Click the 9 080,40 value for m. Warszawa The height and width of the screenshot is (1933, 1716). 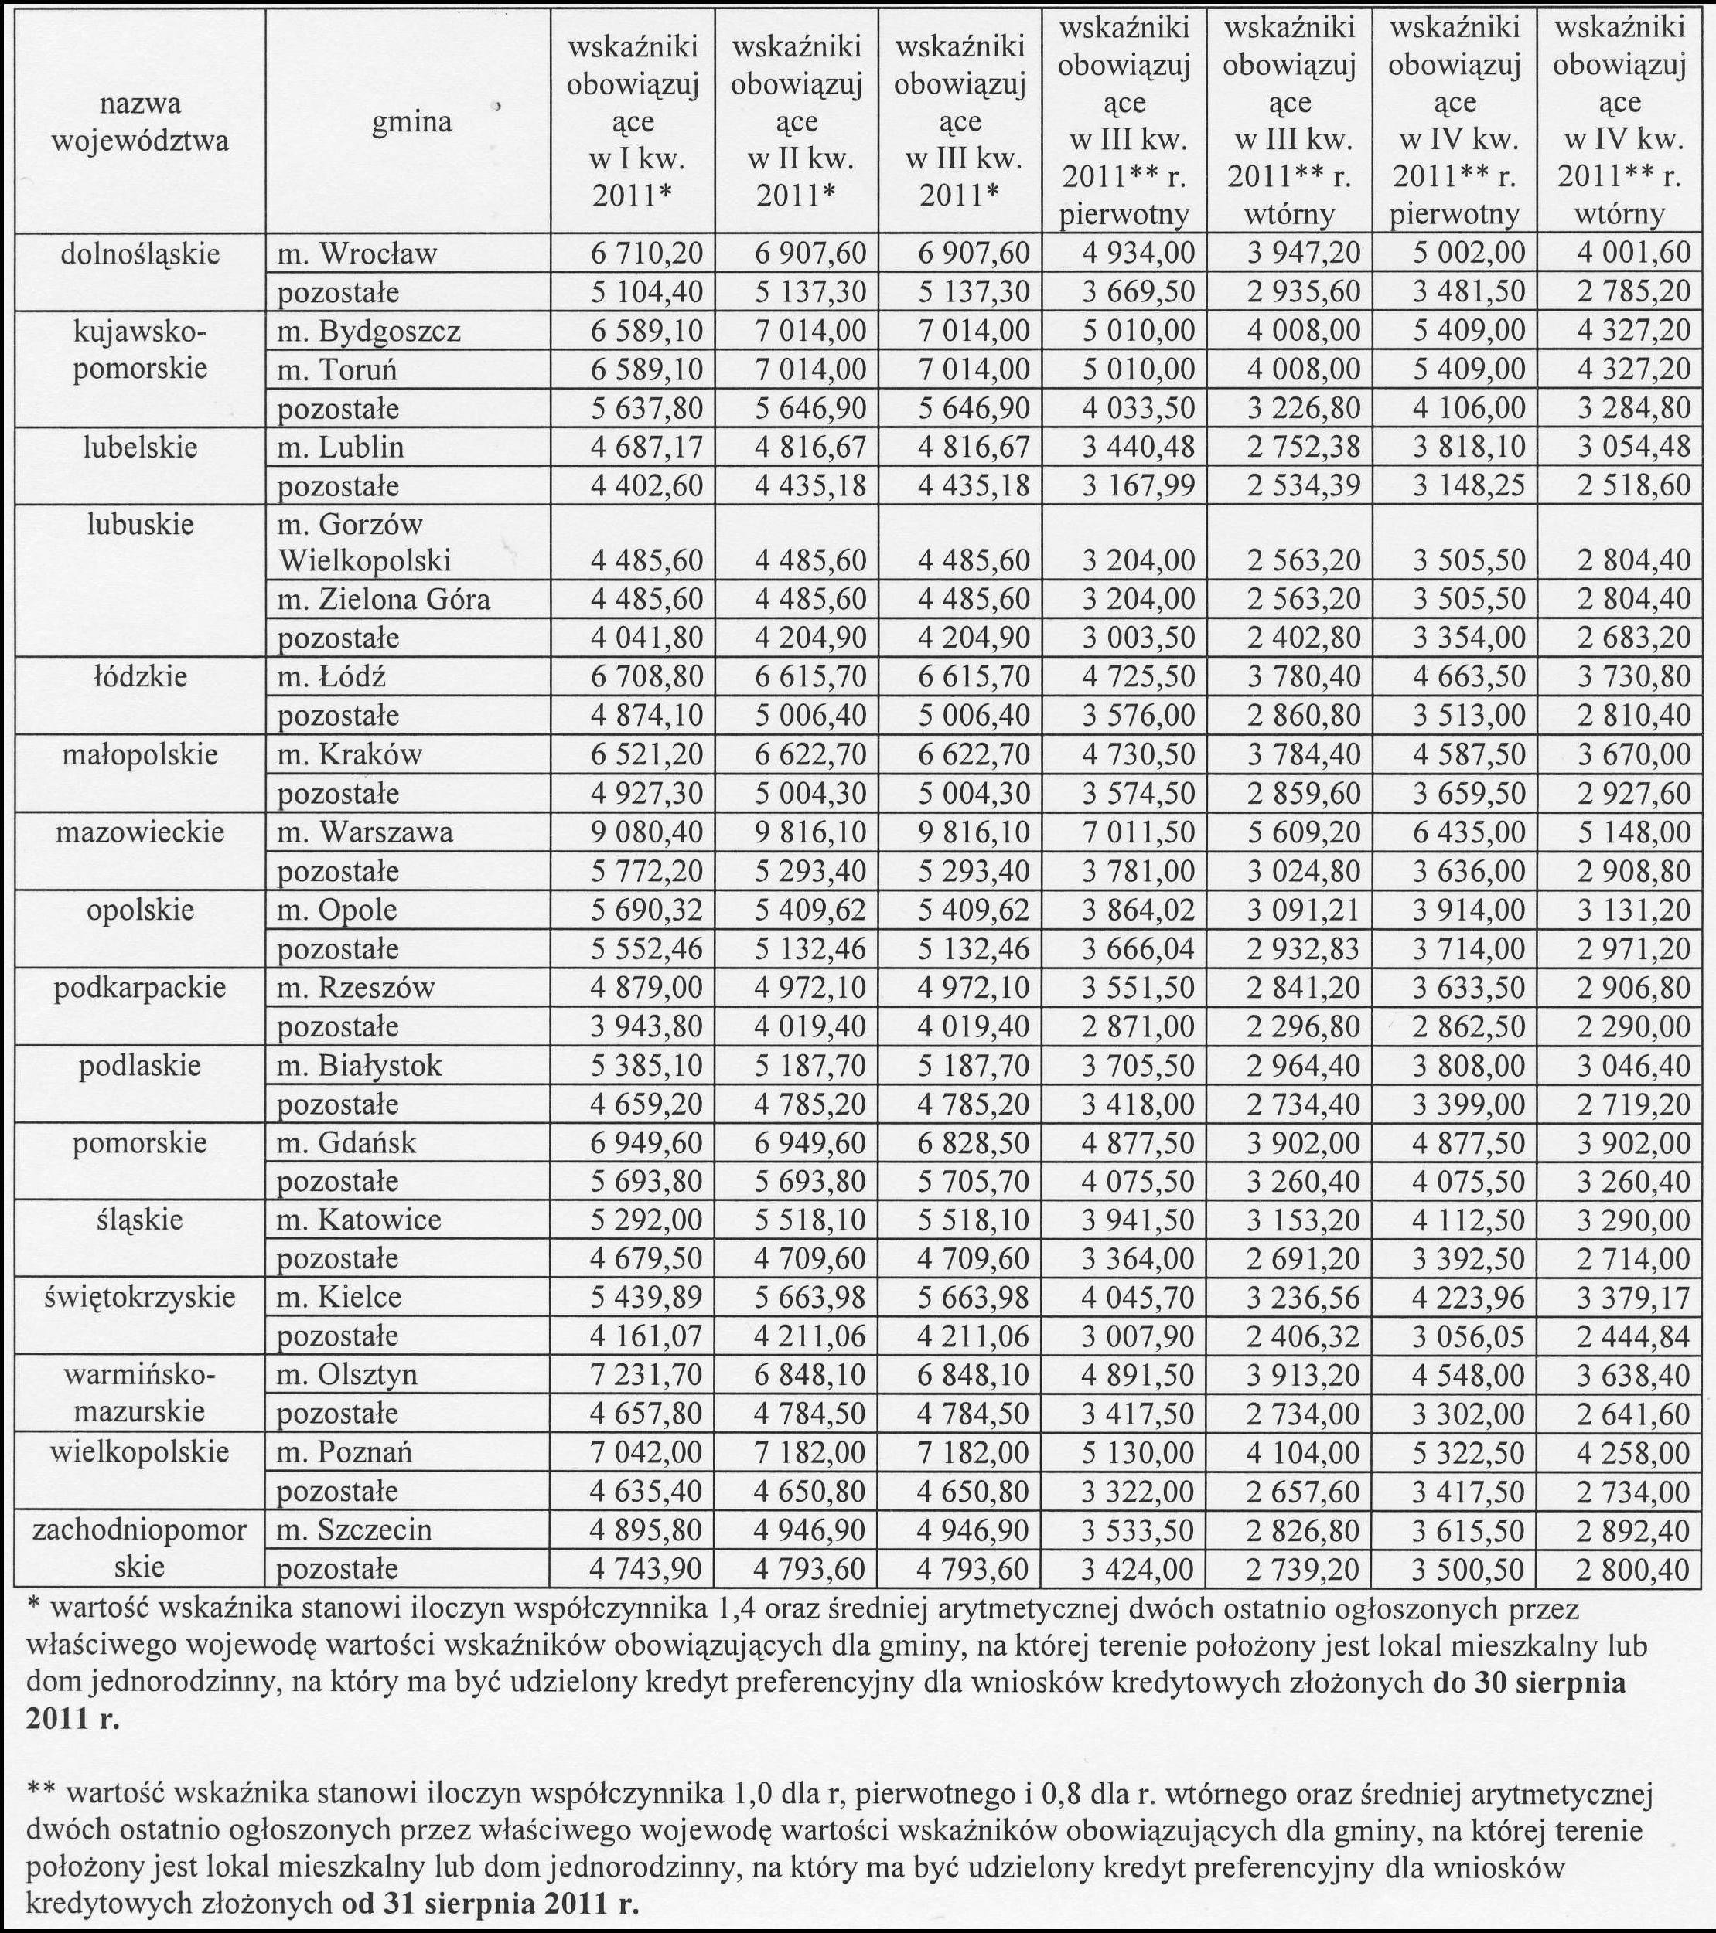[x=647, y=832]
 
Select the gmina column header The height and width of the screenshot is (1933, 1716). [x=411, y=122]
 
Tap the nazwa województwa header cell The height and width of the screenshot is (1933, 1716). [x=139, y=122]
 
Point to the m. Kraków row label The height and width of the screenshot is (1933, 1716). [x=349, y=754]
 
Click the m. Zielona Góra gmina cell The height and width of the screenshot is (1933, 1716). [x=383, y=600]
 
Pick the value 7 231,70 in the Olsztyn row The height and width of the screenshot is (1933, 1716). [x=647, y=1374]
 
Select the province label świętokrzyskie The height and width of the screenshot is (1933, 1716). [x=139, y=1297]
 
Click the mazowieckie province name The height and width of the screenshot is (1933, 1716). [x=139, y=832]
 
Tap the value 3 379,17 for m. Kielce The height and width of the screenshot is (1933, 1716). [x=1632, y=1298]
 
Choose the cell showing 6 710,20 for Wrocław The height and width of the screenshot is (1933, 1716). [x=647, y=254]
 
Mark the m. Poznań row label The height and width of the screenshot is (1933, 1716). [x=344, y=1451]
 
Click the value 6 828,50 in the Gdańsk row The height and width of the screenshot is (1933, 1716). [x=974, y=1142]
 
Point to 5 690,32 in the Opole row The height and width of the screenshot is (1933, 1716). [x=647, y=910]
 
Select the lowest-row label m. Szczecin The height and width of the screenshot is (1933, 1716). [x=354, y=1530]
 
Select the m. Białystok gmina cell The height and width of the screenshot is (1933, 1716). [x=359, y=1066]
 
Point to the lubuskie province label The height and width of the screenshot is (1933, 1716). [x=139, y=523]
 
